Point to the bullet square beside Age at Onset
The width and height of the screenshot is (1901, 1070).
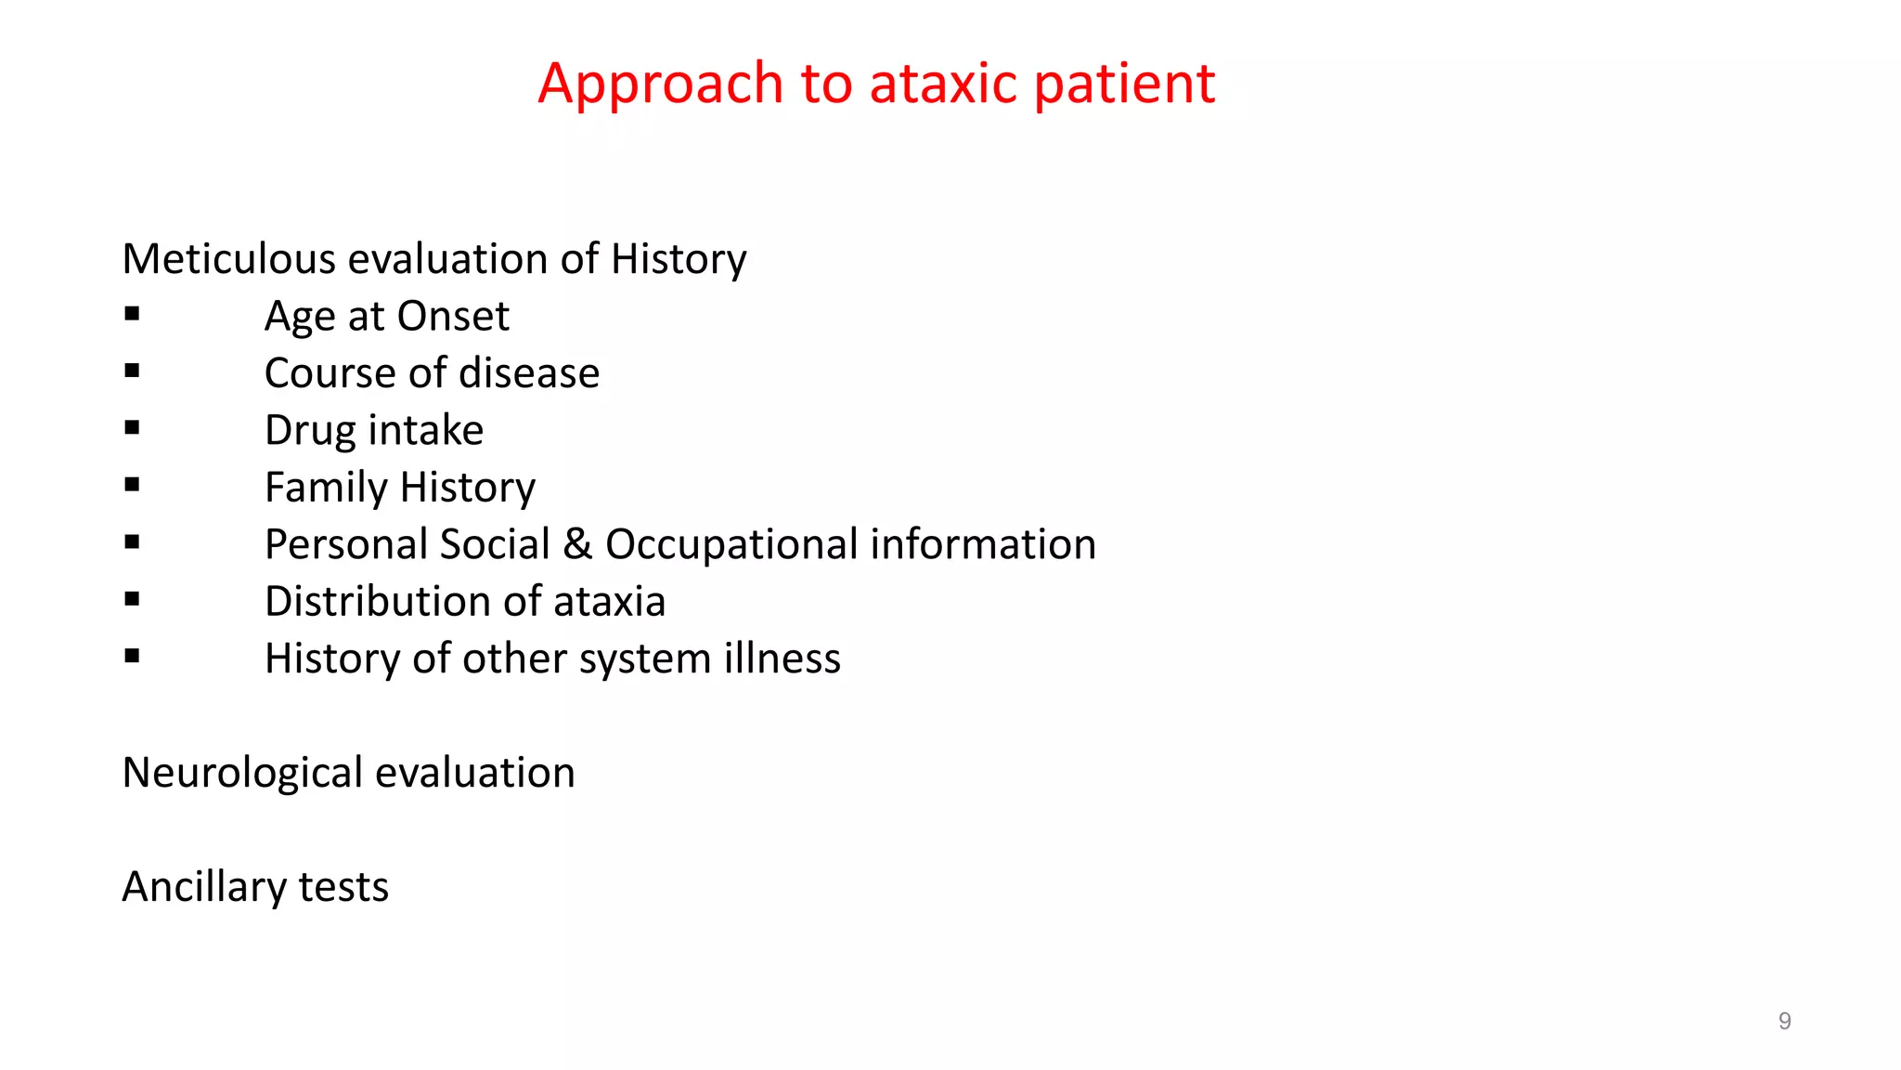132,315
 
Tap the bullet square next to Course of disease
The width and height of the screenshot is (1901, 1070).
132,372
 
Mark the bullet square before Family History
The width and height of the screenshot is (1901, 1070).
132,485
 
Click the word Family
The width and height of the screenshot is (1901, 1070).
326,488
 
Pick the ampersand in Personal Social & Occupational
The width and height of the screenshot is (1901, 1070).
577,544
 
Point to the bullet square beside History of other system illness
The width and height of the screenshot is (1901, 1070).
132,657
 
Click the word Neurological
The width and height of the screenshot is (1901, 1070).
242,774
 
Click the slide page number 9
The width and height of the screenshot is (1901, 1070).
1784,1022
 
